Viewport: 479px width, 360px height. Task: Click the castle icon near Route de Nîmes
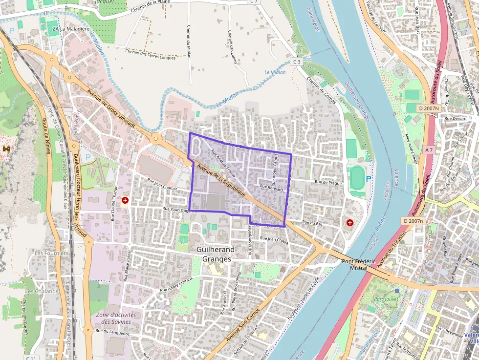(6, 148)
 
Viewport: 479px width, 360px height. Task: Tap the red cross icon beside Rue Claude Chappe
(125, 200)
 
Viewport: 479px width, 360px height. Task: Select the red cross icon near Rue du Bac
(350, 223)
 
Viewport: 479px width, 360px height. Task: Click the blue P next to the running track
(369, 179)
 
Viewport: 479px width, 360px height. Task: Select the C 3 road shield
(297, 62)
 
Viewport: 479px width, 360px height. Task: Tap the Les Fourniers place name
(51, 253)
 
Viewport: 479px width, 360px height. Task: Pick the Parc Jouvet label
(386, 298)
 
